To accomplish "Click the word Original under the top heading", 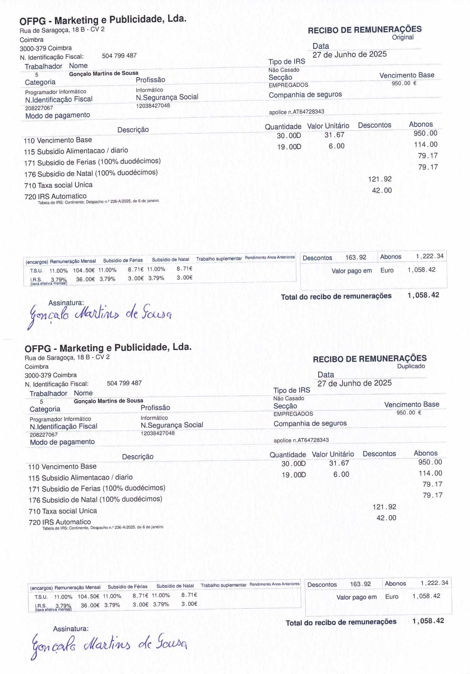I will [x=402, y=37].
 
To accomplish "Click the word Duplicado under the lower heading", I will [x=411, y=366].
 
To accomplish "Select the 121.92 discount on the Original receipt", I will [x=380, y=179].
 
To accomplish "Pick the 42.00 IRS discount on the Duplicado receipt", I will [x=386, y=518].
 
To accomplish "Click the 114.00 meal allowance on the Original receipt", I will [x=425, y=144].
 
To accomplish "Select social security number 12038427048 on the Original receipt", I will [x=153, y=106].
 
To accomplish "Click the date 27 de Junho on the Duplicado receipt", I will [x=354, y=383].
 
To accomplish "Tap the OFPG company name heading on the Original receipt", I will [x=103, y=20].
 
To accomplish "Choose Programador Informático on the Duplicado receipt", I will [x=60, y=419].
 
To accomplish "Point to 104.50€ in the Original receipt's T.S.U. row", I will [x=82, y=270].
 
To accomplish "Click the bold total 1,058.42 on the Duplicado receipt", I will [x=428, y=621].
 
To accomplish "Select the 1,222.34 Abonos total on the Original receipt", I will [x=429, y=256].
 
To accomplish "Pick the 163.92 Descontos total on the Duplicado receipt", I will [x=360, y=584].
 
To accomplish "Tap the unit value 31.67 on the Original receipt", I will [x=334, y=135].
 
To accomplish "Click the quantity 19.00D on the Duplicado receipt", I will [x=293, y=475].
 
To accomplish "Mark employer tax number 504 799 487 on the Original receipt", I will [x=119, y=56].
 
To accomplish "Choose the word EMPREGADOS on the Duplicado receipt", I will [x=293, y=414].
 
